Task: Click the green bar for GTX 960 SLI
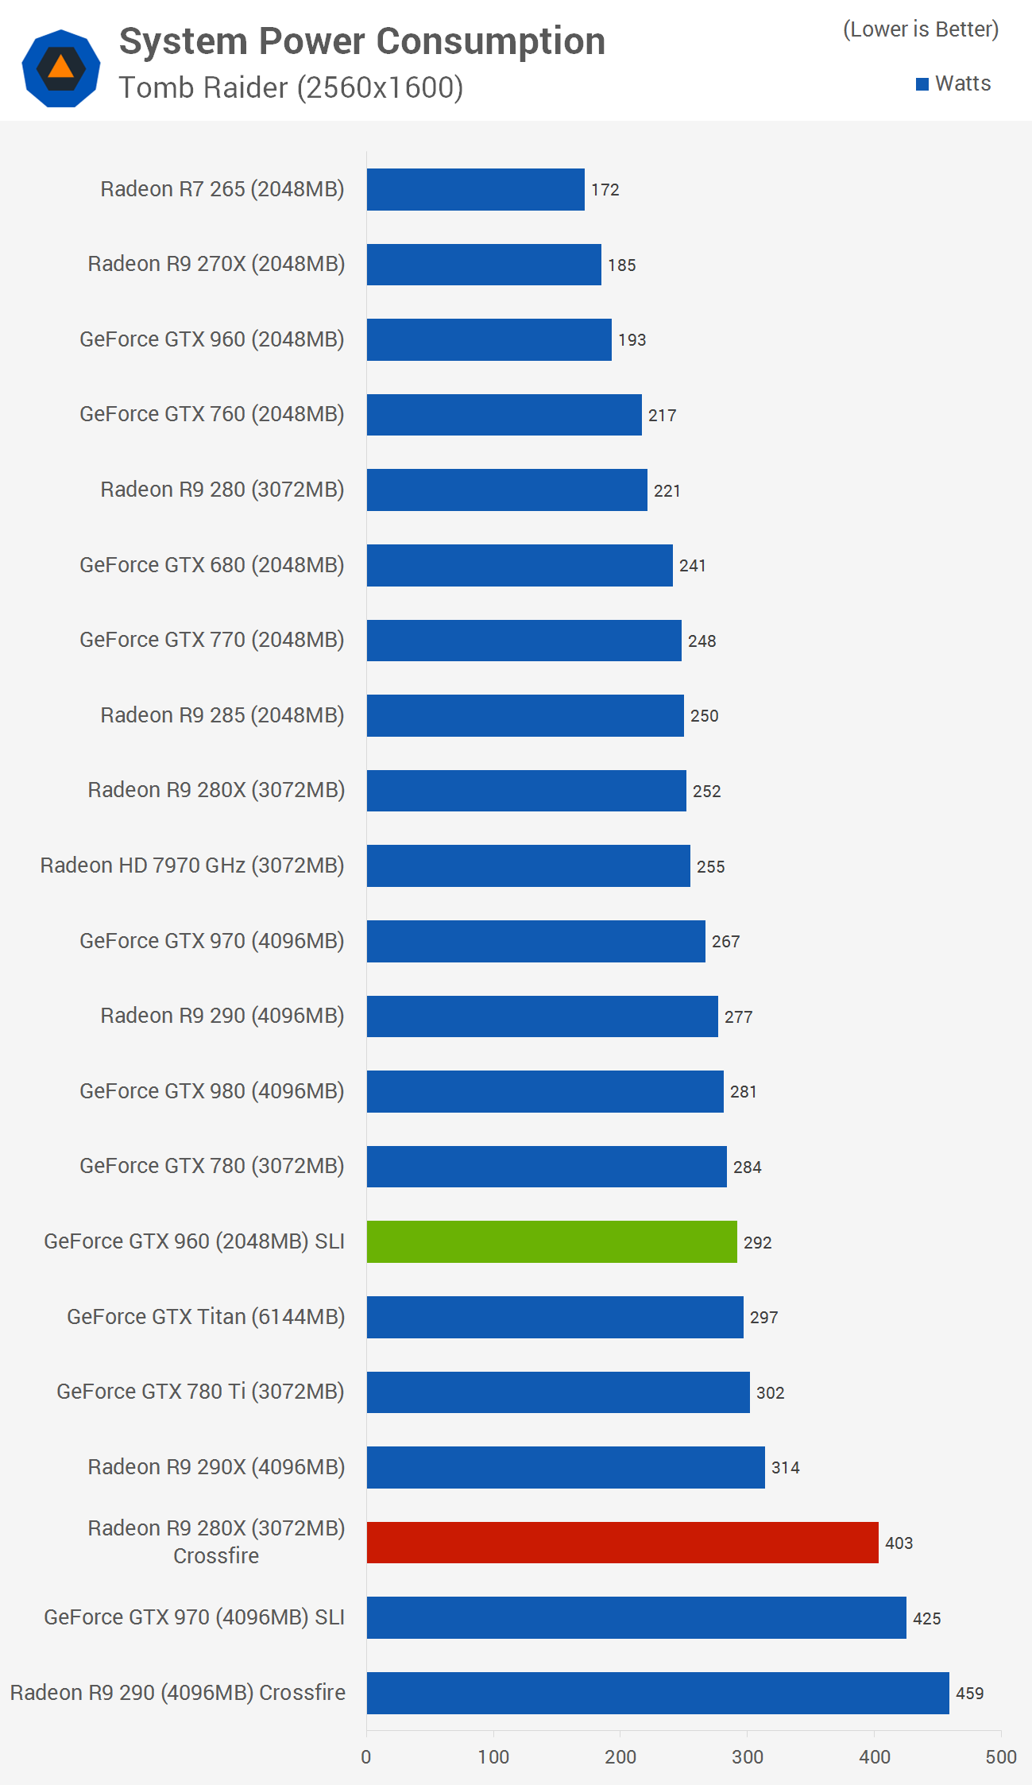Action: pos(551,1241)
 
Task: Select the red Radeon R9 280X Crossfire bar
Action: pos(622,1543)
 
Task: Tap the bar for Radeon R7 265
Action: pos(475,189)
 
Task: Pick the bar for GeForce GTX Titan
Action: pos(555,1317)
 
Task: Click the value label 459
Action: pos(969,1694)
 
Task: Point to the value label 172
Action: pos(605,190)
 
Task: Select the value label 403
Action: pos(899,1543)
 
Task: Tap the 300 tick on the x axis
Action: pos(747,1757)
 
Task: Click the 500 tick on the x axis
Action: pos(1000,1757)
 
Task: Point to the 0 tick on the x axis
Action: pos(366,1757)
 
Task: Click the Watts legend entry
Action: pos(953,83)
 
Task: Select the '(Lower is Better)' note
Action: pos(920,29)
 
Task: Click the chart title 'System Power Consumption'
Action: pos(361,41)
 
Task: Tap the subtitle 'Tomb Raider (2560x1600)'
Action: pos(291,87)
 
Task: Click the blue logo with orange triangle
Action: pos(61,68)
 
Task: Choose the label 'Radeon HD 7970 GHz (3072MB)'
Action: pos(192,865)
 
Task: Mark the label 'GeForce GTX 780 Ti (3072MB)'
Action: pos(200,1392)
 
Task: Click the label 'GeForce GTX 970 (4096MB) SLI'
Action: pos(194,1617)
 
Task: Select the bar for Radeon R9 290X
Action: pos(565,1467)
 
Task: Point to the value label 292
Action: pos(757,1242)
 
